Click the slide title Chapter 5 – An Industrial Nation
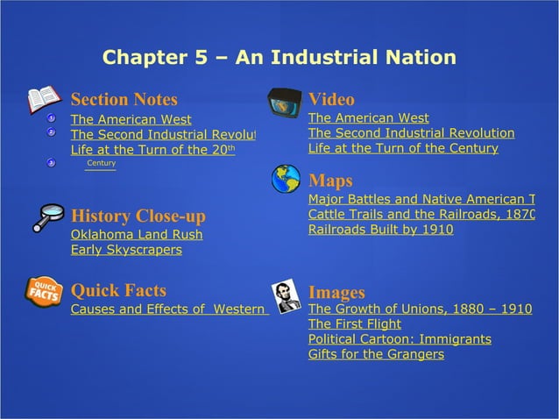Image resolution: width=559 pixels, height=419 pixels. click(x=279, y=58)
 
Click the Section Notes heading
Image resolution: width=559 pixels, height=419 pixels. click(x=124, y=99)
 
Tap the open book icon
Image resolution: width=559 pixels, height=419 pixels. click(x=43, y=99)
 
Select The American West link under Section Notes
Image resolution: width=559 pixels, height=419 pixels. click(x=131, y=119)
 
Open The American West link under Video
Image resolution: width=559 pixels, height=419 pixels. click(x=368, y=117)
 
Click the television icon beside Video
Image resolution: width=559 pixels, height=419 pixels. click(x=285, y=103)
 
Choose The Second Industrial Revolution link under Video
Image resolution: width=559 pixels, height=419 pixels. click(x=411, y=133)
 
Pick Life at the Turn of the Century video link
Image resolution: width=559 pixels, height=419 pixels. click(x=403, y=148)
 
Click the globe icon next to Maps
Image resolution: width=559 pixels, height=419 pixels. click(x=286, y=179)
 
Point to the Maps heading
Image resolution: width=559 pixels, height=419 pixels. click(x=330, y=181)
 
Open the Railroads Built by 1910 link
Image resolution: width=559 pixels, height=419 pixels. click(x=380, y=230)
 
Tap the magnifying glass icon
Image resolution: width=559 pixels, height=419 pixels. click(x=47, y=217)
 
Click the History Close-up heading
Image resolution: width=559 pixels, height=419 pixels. click(x=138, y=216)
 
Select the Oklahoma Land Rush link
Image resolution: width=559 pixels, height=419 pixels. click(x=136, y=235)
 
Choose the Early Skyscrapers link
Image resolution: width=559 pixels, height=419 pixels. click(x=126, y=250)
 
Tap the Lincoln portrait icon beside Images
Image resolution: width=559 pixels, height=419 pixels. click(x=286, y=297)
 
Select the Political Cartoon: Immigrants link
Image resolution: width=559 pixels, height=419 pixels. click(x=400, y=339)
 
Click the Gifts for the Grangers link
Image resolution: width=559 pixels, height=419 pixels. click(x=376, y=354)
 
